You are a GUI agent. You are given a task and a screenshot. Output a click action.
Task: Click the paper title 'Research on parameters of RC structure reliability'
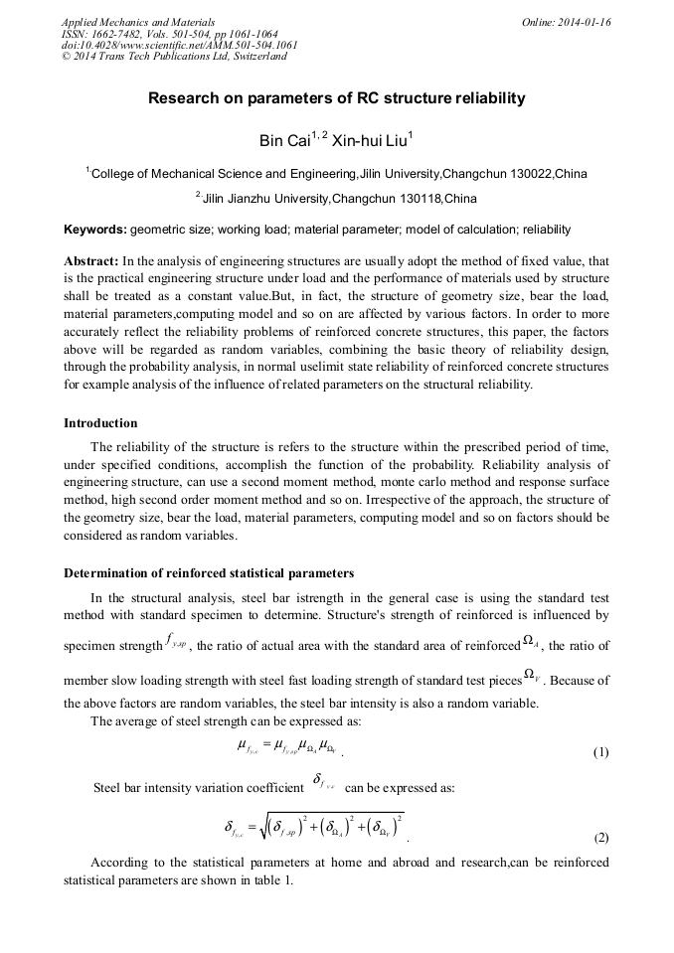point(336,99)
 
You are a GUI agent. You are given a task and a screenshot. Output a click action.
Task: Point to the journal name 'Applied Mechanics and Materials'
point(138,21)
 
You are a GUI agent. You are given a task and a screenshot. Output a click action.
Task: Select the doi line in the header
point(178,45)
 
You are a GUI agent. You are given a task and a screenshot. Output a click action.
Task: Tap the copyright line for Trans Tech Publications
point(174,57)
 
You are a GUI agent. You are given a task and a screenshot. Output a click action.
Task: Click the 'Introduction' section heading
point(100,424)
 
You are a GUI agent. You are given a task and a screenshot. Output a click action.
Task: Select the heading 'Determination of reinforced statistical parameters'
point(208,573)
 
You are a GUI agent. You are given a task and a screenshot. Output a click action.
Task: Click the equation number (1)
point(600,752)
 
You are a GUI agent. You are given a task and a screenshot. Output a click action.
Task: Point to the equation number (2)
point(600,838)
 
